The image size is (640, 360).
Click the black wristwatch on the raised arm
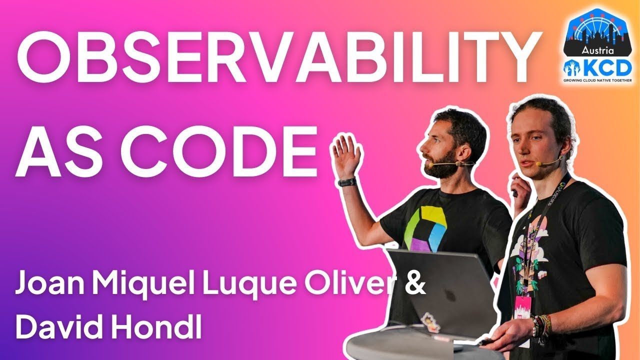pos(347,182)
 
